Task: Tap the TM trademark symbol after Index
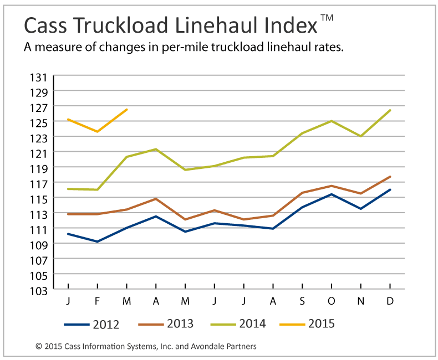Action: point(327,18)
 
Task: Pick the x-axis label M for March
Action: point(127,301)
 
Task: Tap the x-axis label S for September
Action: point(302,301)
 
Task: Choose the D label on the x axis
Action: point(390,301)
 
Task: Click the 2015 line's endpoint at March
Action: point(127,109)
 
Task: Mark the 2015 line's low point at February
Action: point(98,131)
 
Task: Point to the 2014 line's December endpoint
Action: point(390,110)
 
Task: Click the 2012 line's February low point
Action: point(98,241)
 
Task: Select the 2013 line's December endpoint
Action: point(390,177)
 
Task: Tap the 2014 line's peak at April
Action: point(156,149)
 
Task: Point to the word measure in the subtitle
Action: point(62,48)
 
